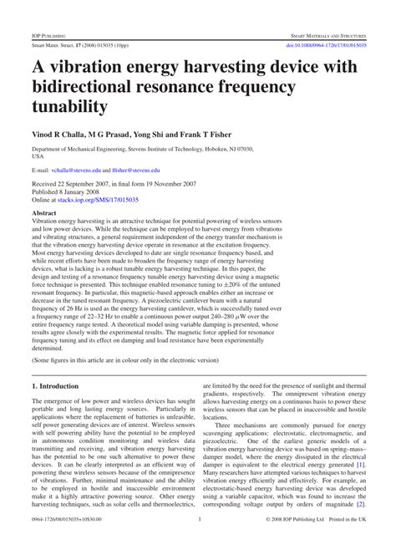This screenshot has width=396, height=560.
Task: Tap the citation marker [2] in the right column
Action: tap(360, 528)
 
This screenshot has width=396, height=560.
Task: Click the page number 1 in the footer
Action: tap(199, 545)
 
